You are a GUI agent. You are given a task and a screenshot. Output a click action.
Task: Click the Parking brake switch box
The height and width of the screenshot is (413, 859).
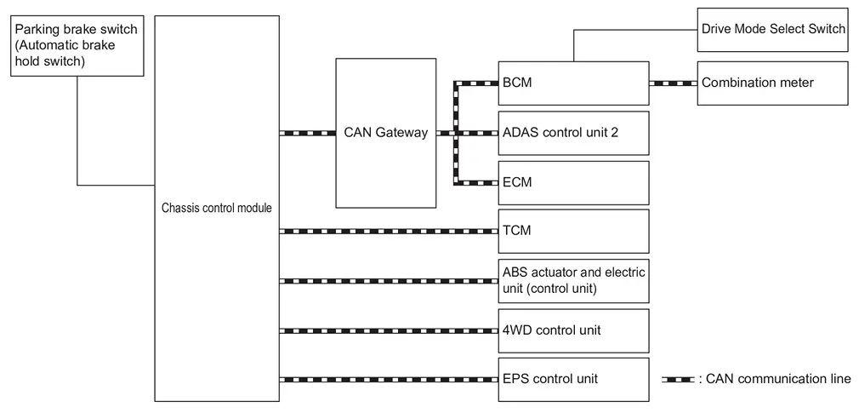click(77, 45)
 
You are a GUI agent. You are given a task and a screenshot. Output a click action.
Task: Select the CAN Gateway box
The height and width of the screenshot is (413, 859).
click(386, 134)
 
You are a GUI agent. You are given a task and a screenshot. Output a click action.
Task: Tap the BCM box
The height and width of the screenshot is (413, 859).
click(573, 83)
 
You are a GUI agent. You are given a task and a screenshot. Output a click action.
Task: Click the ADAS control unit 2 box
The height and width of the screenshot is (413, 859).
click(573, 133)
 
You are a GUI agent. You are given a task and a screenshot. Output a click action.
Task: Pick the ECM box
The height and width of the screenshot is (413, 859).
click(573, 182)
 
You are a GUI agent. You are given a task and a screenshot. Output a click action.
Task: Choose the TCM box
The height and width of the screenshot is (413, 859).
click(573, 231)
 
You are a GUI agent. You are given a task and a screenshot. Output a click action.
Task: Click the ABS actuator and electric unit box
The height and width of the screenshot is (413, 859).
click(573, 281)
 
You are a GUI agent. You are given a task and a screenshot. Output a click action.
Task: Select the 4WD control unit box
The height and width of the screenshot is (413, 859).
click(573, 330)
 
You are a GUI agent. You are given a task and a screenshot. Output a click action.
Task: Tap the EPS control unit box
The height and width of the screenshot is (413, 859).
click(573, 380)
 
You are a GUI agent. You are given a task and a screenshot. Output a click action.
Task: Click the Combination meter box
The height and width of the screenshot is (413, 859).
click(772, 83)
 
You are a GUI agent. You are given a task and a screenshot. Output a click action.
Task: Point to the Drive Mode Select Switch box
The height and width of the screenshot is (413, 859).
click(772, 30)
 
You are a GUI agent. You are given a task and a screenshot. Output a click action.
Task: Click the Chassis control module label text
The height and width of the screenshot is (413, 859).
click(217, 209)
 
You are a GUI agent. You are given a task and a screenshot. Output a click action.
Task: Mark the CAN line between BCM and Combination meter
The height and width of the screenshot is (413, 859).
click(674, 83)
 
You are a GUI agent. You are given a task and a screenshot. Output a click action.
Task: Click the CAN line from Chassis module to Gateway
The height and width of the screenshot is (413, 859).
click(307, 133)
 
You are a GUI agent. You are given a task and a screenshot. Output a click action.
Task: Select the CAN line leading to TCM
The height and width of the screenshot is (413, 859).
click(389, 231)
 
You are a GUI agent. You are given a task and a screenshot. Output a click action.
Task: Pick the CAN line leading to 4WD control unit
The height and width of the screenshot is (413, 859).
click(389, 330)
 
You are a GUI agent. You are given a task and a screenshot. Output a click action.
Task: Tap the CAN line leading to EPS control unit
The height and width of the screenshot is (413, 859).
click(389, 380)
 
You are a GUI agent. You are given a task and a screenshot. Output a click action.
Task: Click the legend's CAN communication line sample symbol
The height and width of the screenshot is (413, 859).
click(678, 380)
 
